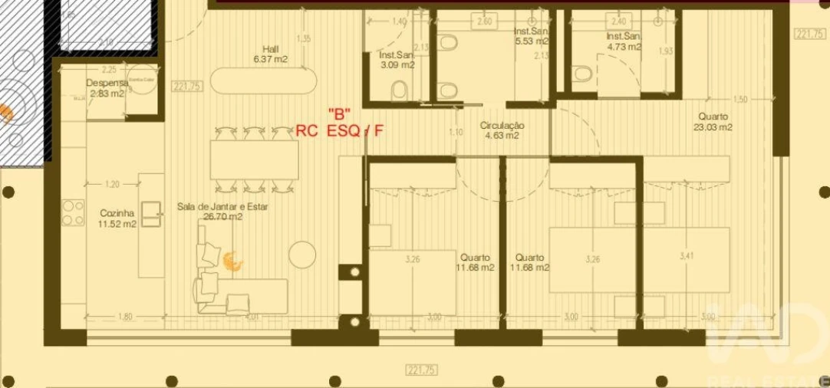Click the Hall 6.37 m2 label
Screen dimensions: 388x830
click(x=271, y=53)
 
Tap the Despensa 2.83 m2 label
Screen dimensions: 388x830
click(x=106, y=88)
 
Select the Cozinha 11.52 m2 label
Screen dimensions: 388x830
click(x=117, y=219)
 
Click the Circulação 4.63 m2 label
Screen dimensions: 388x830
click(x=502, y=130)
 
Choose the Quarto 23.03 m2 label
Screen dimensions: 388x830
click(x=714, y=122)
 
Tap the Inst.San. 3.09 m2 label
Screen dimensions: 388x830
click(x=397, y=60)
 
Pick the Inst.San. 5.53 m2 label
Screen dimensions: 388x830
click(x=532, y=35)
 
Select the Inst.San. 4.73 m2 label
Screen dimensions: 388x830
click(x=623, y=41)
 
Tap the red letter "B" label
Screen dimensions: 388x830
click(x=339, y=113)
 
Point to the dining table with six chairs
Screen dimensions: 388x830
click(x=255, y=159)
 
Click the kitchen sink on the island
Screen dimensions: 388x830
click(x=151, y=214)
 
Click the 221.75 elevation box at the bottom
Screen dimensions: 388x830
click(x=421, y=370)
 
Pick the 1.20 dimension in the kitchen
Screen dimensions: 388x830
click(x=112, y=185)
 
